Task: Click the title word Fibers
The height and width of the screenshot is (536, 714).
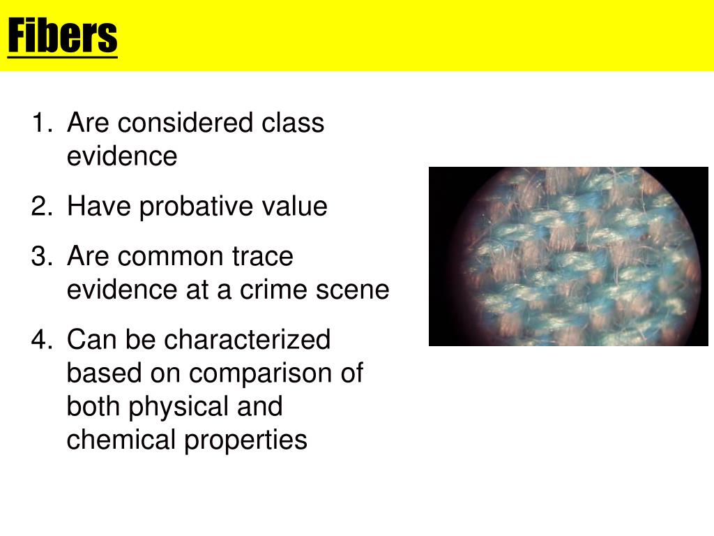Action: pyautogui.click(x=63, y=36)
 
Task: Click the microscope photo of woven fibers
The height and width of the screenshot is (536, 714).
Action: pyautogui.click(x=568, y=257)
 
